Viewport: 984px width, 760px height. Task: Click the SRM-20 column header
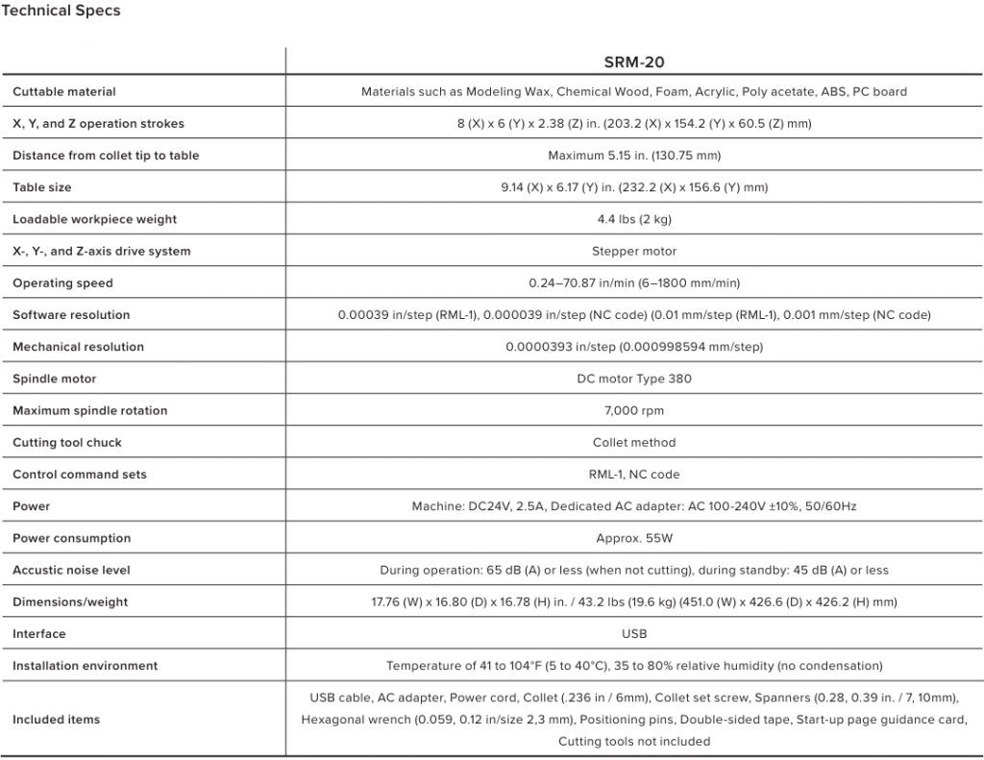pos(634,62)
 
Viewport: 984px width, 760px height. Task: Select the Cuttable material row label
pos(64,92)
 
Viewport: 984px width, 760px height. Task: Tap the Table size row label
pos(41,187)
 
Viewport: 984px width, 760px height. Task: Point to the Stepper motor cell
pos(634,251)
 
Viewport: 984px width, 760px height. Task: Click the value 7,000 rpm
pos(634,410)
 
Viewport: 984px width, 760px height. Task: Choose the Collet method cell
pos(634,442)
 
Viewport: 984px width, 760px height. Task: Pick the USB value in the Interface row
pos(634,633)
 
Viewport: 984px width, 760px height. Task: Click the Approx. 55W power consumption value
pos(634,538)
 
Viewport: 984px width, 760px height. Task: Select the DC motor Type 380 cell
pos(634,379)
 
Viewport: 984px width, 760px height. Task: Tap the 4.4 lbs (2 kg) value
pos(634,219)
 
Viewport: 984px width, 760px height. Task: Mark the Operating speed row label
pos(62,283)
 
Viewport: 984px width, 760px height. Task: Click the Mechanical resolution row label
pos(78,347)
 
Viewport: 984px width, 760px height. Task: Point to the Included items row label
pos(56,719)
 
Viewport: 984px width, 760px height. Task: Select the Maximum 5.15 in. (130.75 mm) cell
pos(634,156)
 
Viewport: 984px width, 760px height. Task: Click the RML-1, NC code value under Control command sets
pos(634,474)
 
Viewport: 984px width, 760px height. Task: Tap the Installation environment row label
pos(86,666)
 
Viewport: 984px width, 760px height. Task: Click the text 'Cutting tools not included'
pos(634,741)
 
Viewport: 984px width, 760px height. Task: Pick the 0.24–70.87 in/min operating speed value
pos(634,283)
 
